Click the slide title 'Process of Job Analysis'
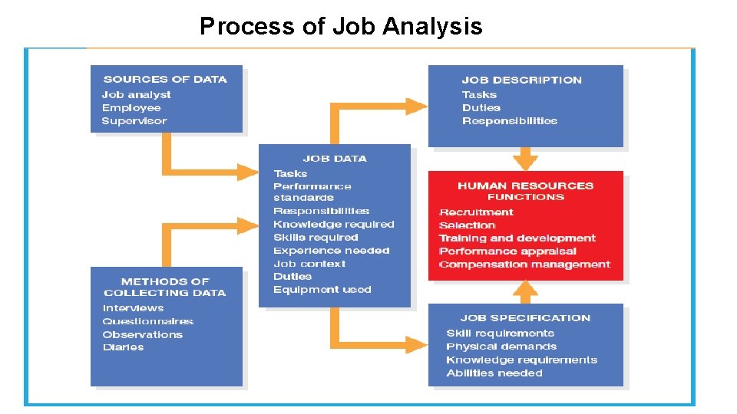pyautogui.click(x=341, y=27)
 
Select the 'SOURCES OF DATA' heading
pyautogui.click(x=165, y=79)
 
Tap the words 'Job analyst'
pyautogui.click(x=136, y=94)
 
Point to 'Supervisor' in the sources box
pyautogui.click(x=134, y=121)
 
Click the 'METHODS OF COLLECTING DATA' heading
pyautogui.click(x=165, y=287)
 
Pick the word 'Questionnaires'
pyautogui.click(x=147, y=321)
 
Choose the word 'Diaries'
pyautogui.click(x=123, y=347)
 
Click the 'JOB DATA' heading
pyautogui.click(x=335, y=159)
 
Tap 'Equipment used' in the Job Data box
pyautogui.click(x=322, y=290)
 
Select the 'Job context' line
pyautogui.click(x=309, y=264)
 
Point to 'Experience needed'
pyautogui.click(x=331, y=251)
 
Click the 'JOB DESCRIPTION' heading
pyautogui.click(x=521, y=80)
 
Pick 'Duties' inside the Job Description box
pyautogui.click(x=481, y=108)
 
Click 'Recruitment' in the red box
pyautogui.click(x=476, y=212)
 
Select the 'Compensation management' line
pyautogui.click(x=524, y=264)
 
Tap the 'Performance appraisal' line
pyautogui.click(x=507, y=251)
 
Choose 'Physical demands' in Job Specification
pyautogui.click(x=501, y=347)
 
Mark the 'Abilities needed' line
pyautogui.click(x=494, y=373)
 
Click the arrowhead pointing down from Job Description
pyautogui.click(x=526, y=162)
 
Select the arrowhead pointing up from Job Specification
pyautogui.click(x=526, y=287)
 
